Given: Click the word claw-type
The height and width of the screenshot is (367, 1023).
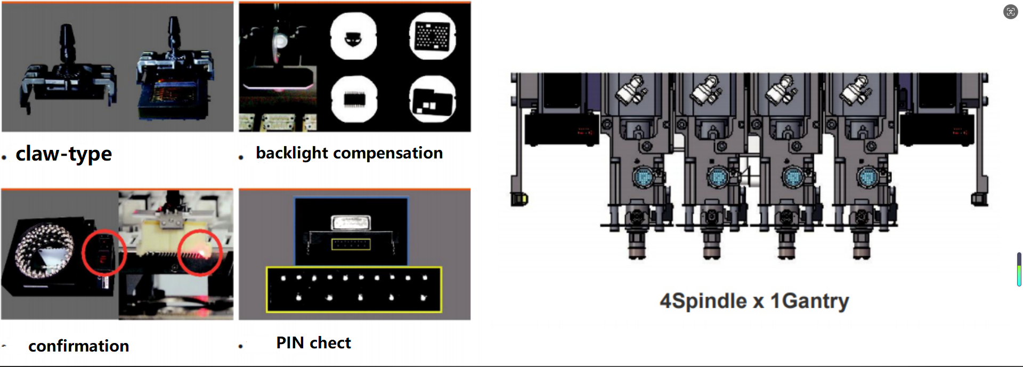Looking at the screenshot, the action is point(64,154).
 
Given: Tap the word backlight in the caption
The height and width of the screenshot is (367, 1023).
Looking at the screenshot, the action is point(292,153).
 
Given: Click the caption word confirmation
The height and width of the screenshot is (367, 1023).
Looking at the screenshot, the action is point(79,346).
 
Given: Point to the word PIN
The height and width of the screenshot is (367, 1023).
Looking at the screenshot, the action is point(290,343).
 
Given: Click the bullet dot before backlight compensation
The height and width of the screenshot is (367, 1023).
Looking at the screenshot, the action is point(241,157).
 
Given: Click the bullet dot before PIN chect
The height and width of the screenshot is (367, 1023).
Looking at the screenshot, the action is point(241,347).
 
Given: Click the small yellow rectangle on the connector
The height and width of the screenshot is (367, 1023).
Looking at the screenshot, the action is point(351,244).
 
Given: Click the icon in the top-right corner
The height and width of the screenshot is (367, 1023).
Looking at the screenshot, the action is point(1010,12).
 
